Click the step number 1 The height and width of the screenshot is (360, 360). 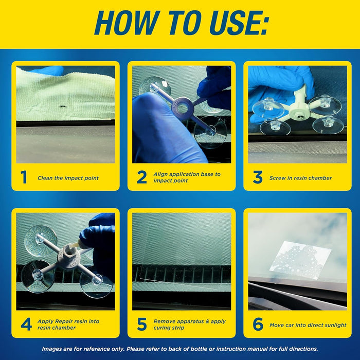(x=24, y=178)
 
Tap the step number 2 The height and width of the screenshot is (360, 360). (x=141, y=178)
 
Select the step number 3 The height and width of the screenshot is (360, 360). (x=258, y=178)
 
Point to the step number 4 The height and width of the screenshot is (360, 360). (x=26, y=325)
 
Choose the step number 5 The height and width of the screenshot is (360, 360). (x=141, y=325)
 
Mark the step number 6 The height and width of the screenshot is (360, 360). (x=258, y=325)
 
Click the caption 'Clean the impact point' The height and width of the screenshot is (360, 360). (x=68, y=178)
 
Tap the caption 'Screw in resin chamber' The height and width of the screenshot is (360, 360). (x=300, y=178)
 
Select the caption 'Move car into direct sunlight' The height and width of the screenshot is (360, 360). (x=308, y=325)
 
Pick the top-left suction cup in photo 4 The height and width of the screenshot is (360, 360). (x=41, y=239)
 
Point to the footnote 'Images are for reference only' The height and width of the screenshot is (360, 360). (x=180, y=349)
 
